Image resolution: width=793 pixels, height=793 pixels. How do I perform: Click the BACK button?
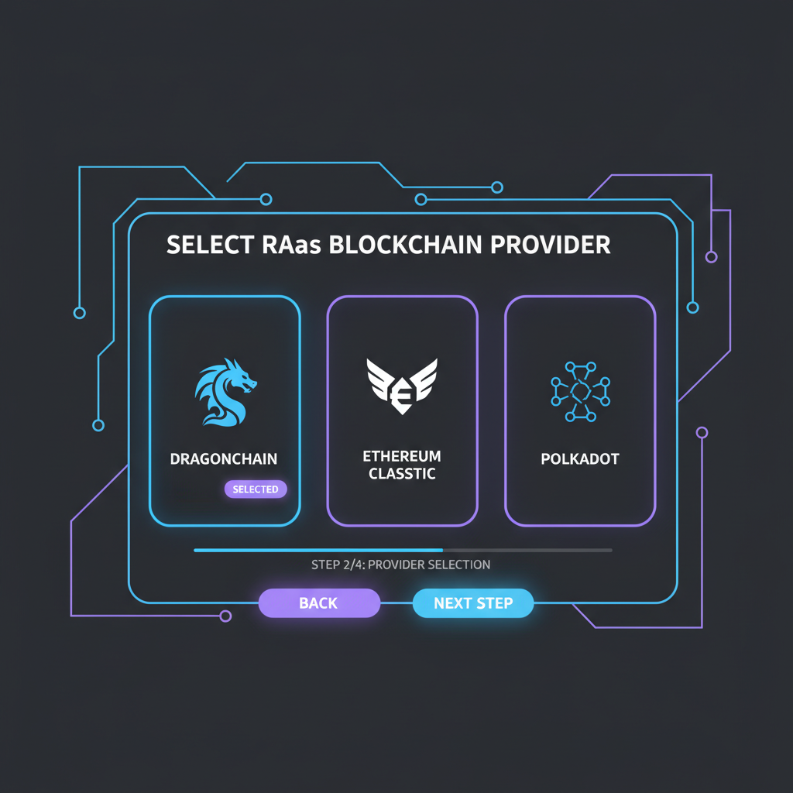coord(318,603)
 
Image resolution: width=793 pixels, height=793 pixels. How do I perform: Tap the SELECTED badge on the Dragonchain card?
coord(256,489)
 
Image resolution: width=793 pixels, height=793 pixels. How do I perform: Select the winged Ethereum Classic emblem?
coord(402,384)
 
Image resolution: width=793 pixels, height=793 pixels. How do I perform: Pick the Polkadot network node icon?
coord(580,391)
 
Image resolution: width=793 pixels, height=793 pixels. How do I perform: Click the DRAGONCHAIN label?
coord(224,459)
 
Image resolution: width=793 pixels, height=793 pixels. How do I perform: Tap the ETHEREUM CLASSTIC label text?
coord(402,465)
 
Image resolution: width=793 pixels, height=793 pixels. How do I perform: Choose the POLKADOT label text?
coord(580,459)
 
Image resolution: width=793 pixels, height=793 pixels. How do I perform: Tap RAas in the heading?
coord(287,245)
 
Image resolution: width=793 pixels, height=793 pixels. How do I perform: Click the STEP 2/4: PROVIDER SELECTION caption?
coord(400,565)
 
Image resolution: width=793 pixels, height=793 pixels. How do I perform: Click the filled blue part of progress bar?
coord(318,550)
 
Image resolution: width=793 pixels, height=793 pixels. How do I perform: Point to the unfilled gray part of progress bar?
coord(527,550)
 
